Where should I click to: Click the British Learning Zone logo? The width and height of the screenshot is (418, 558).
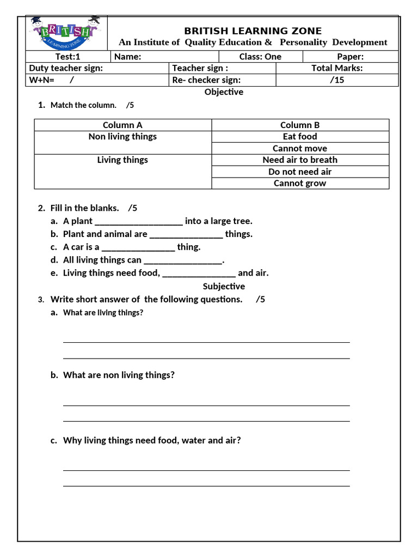point(66,33)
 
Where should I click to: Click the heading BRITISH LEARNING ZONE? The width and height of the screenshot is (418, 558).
point(253,31)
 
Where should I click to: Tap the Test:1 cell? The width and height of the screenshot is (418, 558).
point(68,57)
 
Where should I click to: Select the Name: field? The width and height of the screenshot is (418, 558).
point(164,57)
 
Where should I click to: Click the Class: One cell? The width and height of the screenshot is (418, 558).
point(260,57)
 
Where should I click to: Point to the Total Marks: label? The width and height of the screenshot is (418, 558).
point(337,68)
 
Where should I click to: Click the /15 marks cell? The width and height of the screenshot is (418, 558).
point(337,80)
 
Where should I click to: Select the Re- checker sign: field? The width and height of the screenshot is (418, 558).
point(222,80)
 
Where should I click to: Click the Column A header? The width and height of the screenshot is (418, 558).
point(122,125)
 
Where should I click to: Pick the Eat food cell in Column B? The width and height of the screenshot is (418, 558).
point(300,137)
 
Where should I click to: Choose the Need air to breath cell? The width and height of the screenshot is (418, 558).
point(300,160)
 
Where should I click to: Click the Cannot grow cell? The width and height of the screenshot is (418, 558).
point(300,184)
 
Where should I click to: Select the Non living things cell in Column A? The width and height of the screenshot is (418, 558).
point(122,137)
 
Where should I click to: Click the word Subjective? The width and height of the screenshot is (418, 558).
point(224,287)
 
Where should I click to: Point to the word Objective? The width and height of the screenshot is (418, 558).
point(224,92)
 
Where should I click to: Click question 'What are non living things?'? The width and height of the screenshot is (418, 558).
point(119,375)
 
